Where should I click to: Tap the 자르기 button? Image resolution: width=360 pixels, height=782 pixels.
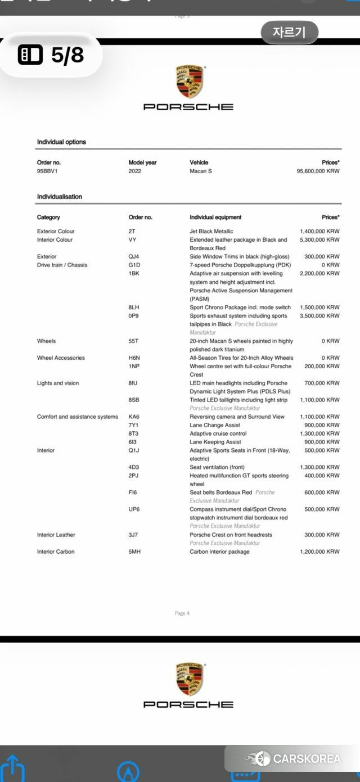coord(289,32)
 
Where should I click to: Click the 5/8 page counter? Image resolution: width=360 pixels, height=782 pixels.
coord(52,55)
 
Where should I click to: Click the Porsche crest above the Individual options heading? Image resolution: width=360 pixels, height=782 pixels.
coord(188,82)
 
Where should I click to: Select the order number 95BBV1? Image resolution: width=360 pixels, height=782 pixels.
coord(47,171)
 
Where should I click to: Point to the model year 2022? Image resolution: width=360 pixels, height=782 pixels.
coord(135,171)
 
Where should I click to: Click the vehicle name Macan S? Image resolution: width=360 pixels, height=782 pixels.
coord(201,171)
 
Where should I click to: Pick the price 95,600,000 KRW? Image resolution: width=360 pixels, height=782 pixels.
coord(318,171)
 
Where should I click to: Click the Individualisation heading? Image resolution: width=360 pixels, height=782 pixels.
coord(60,197)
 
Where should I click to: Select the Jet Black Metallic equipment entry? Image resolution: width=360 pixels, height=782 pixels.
coord(211,231)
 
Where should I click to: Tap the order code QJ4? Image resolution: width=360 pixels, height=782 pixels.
coord(134,256)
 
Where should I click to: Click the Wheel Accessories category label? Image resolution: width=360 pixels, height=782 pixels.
coord(61,358)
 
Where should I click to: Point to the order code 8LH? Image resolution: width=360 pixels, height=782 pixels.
coord(134,308)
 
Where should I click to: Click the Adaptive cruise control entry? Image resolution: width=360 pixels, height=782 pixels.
coord(218,433)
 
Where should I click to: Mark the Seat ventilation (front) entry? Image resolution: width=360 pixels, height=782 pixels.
coord(217,467)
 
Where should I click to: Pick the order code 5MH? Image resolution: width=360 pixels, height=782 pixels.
coord(134,552)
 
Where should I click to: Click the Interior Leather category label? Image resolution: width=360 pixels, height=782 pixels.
coord(56,535)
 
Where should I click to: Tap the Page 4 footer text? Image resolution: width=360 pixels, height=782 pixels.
coord(182,613)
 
